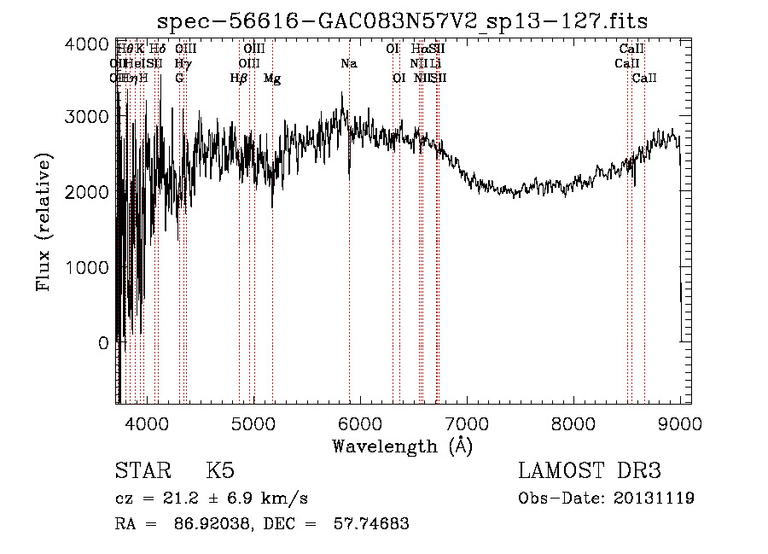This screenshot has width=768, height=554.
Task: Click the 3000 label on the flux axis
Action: (x=88, y=117)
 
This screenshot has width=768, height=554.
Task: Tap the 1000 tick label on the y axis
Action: (x=88, y=267)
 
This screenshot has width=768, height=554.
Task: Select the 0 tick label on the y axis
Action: (x=103, y=343)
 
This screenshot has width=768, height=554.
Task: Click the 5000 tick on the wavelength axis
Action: (x=253, y=422)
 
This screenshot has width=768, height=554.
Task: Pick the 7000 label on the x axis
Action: (x=466, y=422)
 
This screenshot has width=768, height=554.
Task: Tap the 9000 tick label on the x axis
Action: (x=680, y=422)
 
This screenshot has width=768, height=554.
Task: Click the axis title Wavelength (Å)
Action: (x=401, y=445)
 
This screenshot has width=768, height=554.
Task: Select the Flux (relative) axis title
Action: (x=44, y=222)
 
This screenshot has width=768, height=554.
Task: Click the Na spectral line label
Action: (x=348, y=64)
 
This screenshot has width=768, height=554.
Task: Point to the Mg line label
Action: (x=272, y=79)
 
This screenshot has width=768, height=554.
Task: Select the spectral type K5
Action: (x=219, y=471)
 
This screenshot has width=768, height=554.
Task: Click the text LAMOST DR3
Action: (x=590, y=471)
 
